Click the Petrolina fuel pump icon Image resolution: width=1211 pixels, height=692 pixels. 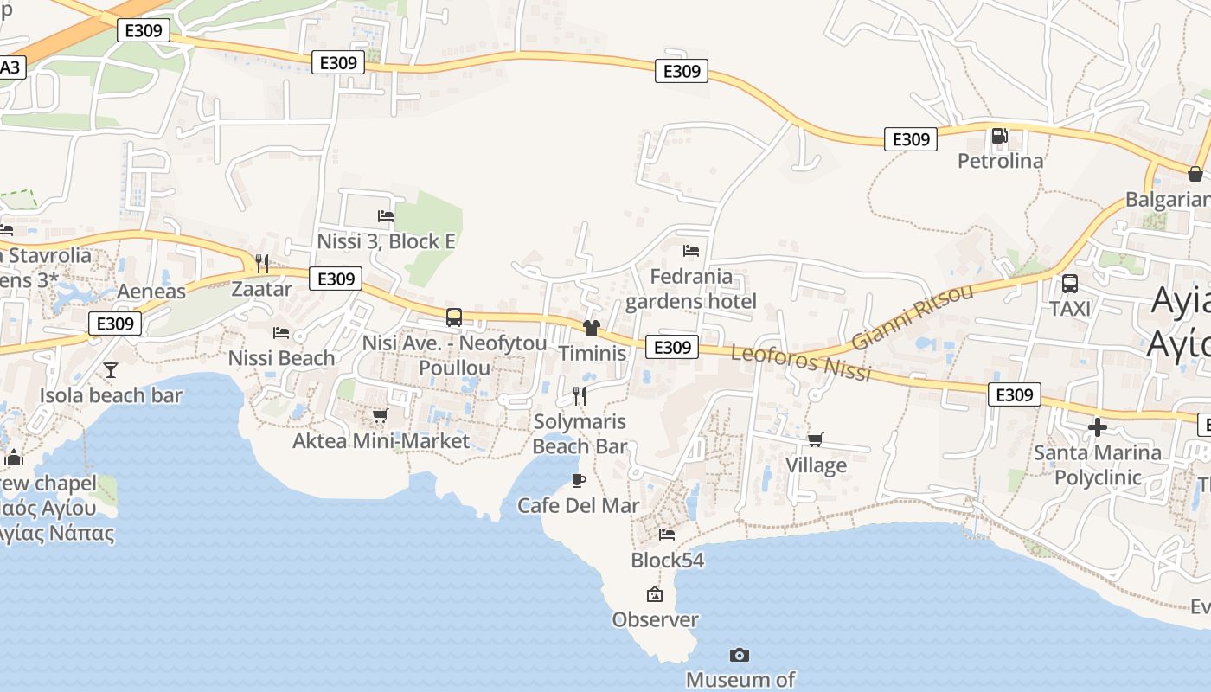point(999,136)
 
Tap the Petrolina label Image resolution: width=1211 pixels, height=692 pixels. point(1000,161)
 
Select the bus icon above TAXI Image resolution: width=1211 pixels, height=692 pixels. point(1070,284)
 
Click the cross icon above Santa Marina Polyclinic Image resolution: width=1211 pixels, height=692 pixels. point(1097,427)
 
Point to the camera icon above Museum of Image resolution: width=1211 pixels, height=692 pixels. point(739,655)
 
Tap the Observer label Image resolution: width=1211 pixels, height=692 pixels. point(655,619)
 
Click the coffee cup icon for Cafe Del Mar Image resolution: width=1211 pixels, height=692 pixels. point(578,480)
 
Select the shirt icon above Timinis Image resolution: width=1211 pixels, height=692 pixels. point(592,328)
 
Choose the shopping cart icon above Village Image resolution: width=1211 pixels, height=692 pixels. point(815,440)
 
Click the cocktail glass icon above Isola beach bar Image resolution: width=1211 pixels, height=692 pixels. point(111,370)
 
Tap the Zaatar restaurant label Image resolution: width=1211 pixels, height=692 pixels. point(261,289)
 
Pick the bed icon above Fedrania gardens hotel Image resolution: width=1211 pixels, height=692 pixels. point(690,251)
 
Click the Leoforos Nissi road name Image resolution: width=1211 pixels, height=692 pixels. point(800,362)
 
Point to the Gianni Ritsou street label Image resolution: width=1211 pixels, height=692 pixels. point(912,317)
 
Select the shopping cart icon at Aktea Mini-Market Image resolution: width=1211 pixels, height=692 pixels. point(380,416)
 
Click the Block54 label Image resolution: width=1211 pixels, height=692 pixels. point(667,561)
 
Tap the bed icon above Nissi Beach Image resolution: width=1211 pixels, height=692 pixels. point(281,332)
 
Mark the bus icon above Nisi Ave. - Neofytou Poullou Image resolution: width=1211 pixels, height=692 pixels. point(454,317)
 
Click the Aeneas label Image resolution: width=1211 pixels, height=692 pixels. point(151,292)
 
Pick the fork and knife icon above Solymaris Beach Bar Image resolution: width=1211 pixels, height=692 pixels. point(580,396)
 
